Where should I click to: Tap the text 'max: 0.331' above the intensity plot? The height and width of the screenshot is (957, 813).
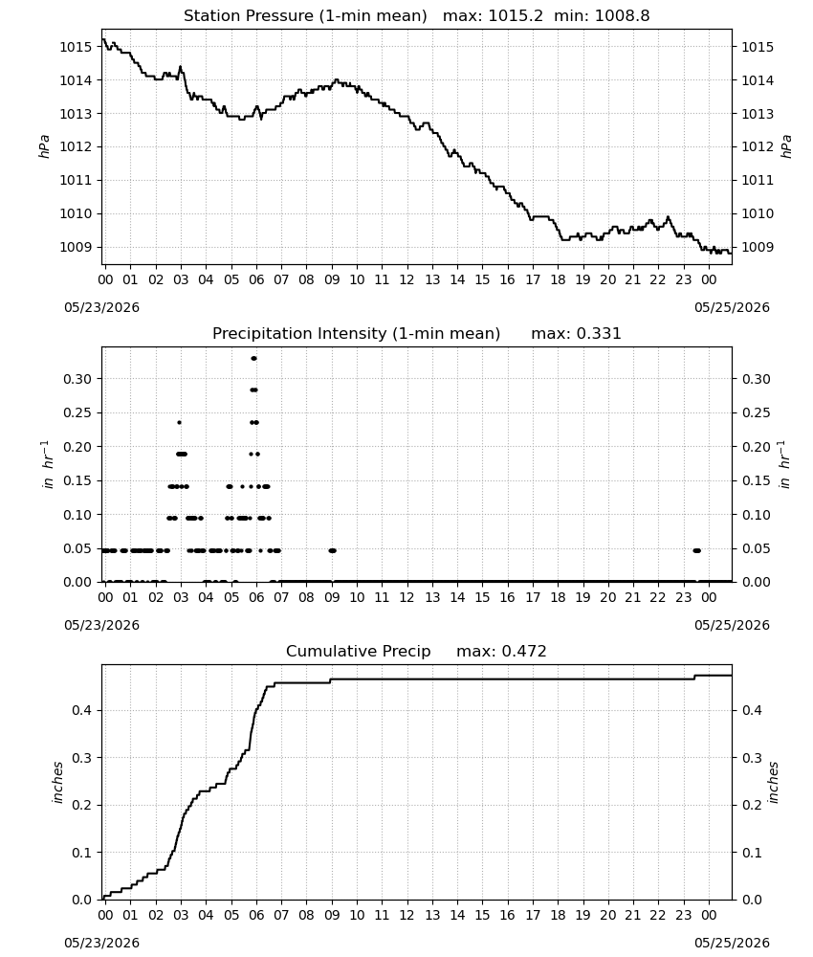pyautogui.click(x=576, y=333)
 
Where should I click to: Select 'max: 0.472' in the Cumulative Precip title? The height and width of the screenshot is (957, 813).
pyautogui.click(x=501, y=651)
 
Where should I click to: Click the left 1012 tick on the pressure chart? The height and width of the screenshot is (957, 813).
pyautogui.click(x=75, y=146)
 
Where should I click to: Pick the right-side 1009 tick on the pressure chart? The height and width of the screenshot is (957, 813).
pyautogui.click(x=757, y=247)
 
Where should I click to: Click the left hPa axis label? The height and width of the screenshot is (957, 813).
pyautogui.click(x=44, y=146)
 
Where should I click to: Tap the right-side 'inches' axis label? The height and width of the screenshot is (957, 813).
pyautogui.click(x=773, y=782)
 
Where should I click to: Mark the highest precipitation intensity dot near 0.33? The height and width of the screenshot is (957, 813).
pyautogui.click(x=253, y=358)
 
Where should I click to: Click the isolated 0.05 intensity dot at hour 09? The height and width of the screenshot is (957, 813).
pyautogui.click(x=333, y=550)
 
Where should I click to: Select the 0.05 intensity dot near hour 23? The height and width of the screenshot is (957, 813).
pyautogui.click(x=696, y=550)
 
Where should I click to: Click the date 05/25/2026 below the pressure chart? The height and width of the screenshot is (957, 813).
pyautogui.click(x=732, y=307)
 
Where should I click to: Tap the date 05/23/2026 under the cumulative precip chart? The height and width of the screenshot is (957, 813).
pyautogui.click(x=101, y=943)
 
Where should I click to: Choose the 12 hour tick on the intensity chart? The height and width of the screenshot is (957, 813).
pyautogui.click(x=406, y=597)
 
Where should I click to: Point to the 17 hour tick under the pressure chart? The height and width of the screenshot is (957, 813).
pyautogui.click(x=533, y=279)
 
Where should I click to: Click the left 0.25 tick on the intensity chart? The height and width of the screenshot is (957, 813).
pyautogui.click(x=77, y=412)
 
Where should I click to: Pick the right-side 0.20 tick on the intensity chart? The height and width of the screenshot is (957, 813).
pyautogui.click(x=756, y=447)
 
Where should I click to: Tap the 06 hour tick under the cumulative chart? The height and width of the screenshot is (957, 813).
pyautogui.click(x=256, y=915)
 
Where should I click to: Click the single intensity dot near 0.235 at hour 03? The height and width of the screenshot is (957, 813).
pyautogui.click(x=179, y=422)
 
